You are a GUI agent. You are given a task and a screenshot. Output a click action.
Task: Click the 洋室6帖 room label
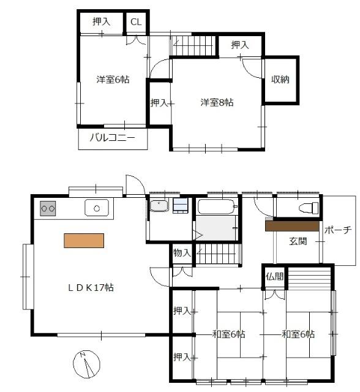[112, 80]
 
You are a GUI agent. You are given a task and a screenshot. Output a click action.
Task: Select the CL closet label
[135, 22]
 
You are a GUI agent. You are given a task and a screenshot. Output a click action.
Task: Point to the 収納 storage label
[280, 80]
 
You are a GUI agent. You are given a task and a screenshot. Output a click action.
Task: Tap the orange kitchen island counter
[84, 240]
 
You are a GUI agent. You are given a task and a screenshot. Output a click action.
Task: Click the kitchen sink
[96, 208]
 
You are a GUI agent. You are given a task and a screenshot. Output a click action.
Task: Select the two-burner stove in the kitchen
[48, 209]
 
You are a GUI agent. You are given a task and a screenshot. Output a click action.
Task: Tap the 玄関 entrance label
[298, 241]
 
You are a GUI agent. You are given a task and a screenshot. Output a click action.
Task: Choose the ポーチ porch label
[337, 230]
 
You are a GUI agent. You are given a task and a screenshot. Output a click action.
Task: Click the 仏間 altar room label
[275, 276]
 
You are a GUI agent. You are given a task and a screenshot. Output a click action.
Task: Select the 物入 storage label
[182, 252]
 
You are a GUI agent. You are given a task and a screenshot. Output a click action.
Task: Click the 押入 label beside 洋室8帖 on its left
[159, 103]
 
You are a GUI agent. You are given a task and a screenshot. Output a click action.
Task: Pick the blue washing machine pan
[180, 205]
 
